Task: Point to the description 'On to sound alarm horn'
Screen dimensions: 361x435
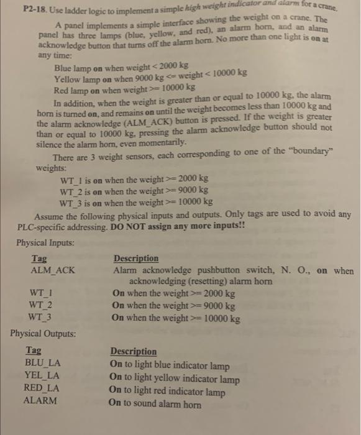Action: (x=155, y=404)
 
